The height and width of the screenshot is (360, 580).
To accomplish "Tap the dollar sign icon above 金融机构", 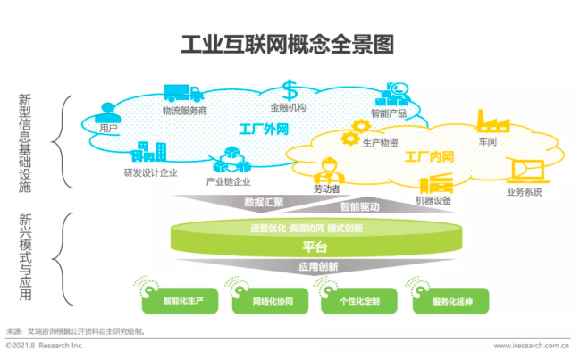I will (290, 90).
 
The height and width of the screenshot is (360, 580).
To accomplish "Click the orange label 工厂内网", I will (429, 157).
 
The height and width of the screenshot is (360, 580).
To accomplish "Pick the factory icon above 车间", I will (491, 121).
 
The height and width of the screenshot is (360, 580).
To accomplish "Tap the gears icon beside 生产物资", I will (352, 138).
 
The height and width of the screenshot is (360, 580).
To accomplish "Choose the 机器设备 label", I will (434, 200).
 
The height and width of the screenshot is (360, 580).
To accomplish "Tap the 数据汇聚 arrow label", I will (265, 202).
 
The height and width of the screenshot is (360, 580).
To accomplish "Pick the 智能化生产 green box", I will (183, 302).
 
